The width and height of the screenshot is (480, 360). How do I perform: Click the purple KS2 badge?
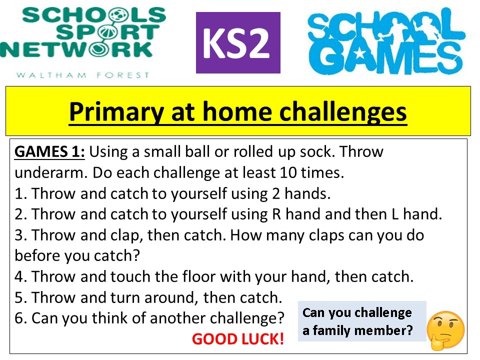238,42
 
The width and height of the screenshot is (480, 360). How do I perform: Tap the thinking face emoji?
445,330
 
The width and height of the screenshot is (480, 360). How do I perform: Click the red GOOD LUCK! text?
238,339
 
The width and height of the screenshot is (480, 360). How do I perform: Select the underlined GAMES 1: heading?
49,152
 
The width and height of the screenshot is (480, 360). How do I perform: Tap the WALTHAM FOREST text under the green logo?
82,75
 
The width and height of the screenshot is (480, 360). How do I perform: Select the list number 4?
20,276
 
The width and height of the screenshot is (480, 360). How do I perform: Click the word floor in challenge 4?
198,276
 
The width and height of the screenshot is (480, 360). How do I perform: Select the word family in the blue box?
331,330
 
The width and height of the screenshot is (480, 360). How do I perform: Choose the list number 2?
20,214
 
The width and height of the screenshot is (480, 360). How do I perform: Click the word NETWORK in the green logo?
76,49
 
